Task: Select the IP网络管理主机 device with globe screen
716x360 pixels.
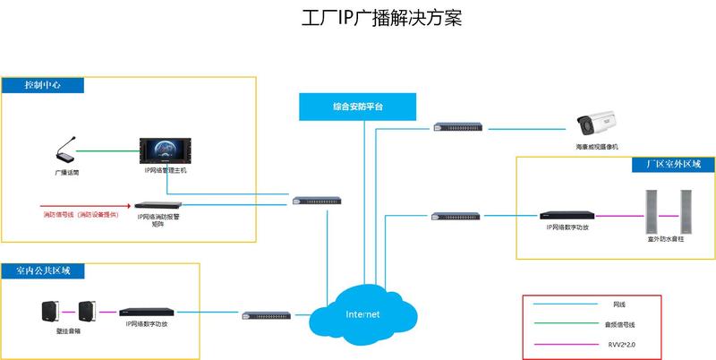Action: pyautogui.click(x=166, y=150)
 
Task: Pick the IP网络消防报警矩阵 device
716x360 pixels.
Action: pyautogui.click(x=164, y=205)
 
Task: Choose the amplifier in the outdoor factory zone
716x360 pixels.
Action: pyautogui.click(x=567, y=216)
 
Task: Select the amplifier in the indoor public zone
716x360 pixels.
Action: pyautogui.click(x=147, y=313)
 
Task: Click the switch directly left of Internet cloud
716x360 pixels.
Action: pyautogui.click(x=267, y=315)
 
